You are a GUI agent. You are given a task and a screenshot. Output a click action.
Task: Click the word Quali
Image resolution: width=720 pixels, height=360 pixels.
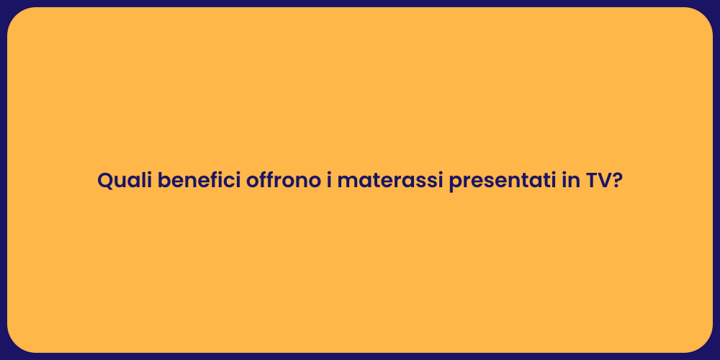click(x=125, y=181)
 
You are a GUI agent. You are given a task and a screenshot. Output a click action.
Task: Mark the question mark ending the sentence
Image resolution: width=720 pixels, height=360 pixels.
click(x=617, y=181)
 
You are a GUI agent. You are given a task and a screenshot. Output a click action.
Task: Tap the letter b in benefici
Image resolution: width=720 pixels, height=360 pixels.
click(x=163, y=181)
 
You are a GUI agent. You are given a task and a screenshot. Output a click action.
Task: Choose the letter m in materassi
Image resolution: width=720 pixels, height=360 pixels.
click(x=346, y=182)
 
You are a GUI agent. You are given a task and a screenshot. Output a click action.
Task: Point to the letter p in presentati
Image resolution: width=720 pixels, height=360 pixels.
click(x=454, y=184)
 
